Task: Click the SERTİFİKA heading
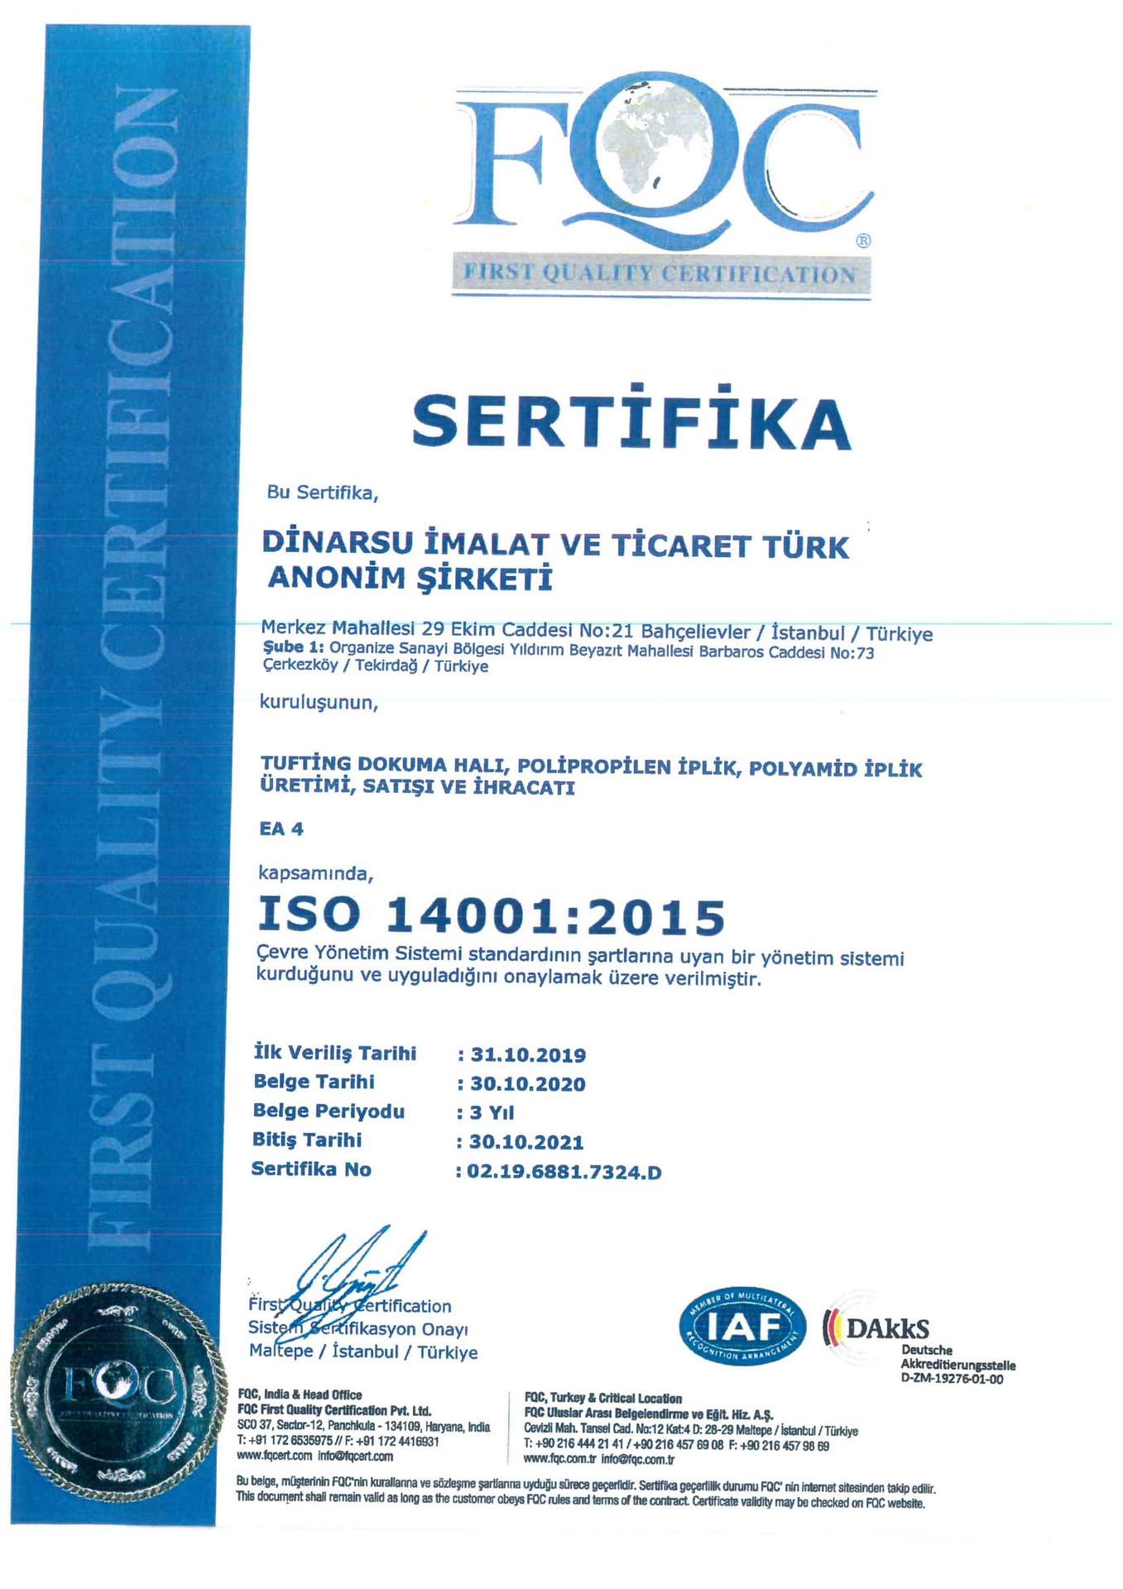(631, 421)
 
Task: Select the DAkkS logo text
(886, 1329)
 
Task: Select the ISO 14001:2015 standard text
(492, 916)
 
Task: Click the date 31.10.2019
(528, 1055)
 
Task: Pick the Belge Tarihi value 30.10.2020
(528, 1084)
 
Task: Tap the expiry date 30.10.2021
(526, 1143)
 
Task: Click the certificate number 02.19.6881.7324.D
(564, 1172)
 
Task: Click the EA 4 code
(281, 829)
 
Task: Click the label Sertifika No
(311, 1169)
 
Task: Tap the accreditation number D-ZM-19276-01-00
(952, 1380)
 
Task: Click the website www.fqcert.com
(275, 1456)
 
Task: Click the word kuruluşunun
(319, 703)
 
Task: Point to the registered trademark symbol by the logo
(863, 241)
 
